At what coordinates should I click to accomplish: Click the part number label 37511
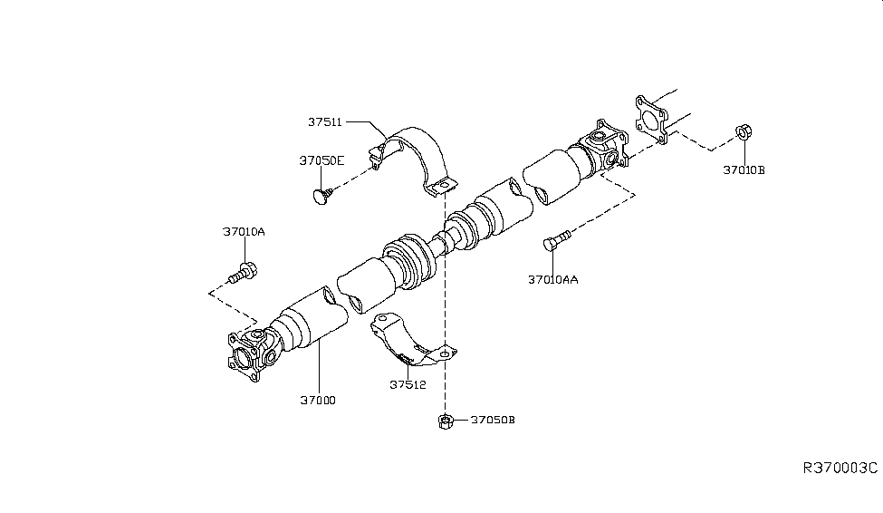(x=324, y=121)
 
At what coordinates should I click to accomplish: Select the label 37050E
(x=322, y=160)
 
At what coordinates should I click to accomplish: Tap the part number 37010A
(x=244, y=232)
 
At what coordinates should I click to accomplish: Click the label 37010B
(x=744, y=169)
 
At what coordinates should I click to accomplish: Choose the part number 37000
(x=317, y=400)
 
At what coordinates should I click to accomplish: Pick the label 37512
(x=408, y=384)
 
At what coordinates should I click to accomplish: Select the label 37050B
(x=494, y=421)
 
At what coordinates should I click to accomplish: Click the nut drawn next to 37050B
(x=445, y=421)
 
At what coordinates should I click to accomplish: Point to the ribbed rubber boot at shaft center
(x=409, y=263)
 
